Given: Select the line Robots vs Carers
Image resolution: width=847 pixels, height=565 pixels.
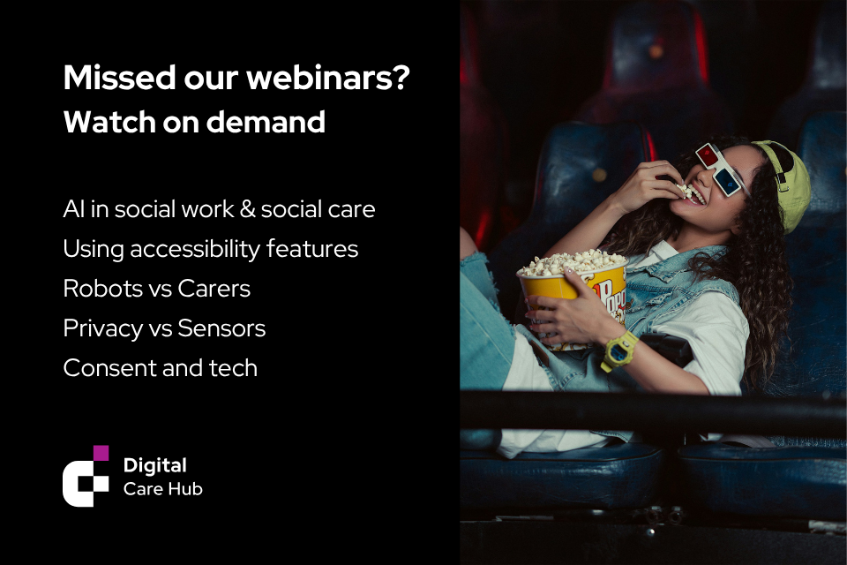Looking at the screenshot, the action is (157, 289).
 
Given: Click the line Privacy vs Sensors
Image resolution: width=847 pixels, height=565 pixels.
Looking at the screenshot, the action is (164, 328).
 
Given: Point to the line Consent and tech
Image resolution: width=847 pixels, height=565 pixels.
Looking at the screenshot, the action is (161, 368).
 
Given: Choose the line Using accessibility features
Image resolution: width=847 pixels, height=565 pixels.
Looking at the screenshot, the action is (211, 249).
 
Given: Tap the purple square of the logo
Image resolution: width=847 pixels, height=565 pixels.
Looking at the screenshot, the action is (101, 453).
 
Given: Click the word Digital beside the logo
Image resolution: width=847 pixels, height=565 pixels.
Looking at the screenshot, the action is (155, 465).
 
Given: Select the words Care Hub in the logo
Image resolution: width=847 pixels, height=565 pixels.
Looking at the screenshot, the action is (163, 489).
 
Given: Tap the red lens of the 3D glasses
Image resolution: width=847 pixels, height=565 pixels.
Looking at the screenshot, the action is (706, 155).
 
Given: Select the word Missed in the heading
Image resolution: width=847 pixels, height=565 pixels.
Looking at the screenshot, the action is (120, 78).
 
